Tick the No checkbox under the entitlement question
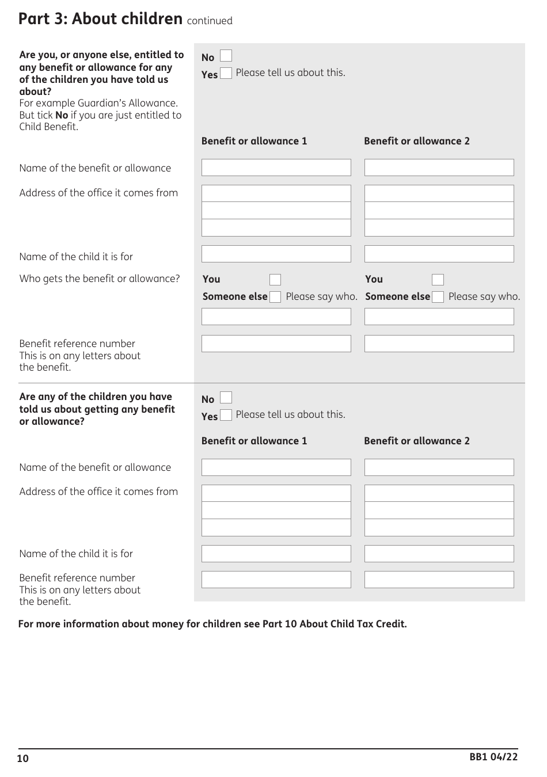click(226, 56)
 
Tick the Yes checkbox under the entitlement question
click(226, 73)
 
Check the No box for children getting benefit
click(226, 398)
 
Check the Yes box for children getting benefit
click(226, 415)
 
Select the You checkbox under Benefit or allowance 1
click(275, 280)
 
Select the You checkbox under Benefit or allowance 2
click(438, 280)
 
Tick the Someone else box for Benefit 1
click(275, 297)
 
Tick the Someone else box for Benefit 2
click(438, 297)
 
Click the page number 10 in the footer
click(23, 759)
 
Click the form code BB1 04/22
click(493, 757)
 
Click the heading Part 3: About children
click(100, 19)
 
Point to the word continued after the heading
click(210, 21)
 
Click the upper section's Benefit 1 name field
click(276, 167)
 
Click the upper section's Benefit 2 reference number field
click(439, 344)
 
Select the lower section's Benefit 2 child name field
click(439, 554)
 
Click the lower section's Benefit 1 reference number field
click(276, 580)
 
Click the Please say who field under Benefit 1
click(276, 317)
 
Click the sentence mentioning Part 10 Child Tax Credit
click(212, 624)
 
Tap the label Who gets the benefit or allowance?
click(100, 279)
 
